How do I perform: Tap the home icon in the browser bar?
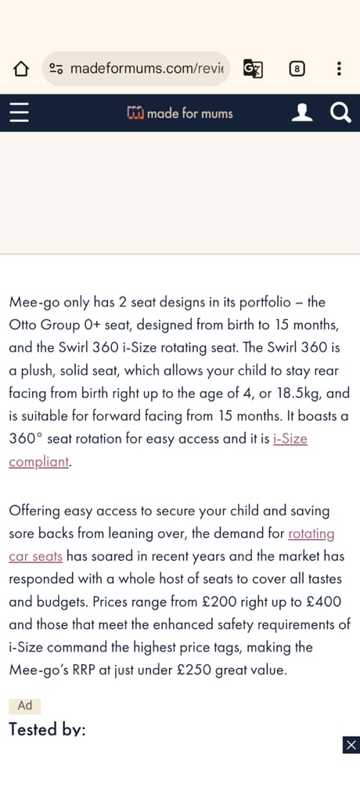[x=21, y=69]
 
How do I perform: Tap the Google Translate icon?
[x=252, y=69]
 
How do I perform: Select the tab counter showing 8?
[x=297, y=69]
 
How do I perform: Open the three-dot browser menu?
[x=339, y=69]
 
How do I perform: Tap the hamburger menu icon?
[x=19, y=113]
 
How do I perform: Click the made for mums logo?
[x=180, y=113]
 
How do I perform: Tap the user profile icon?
[x=301, y=113]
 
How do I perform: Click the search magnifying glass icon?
[x=340, y=113]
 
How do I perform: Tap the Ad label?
[x=25, y=706]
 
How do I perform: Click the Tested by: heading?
[x=47, y=729]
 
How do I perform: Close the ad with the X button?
[x=351, y=745]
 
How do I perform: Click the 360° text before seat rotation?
[x=27, y=439]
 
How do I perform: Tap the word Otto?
[x=24, y=324]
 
